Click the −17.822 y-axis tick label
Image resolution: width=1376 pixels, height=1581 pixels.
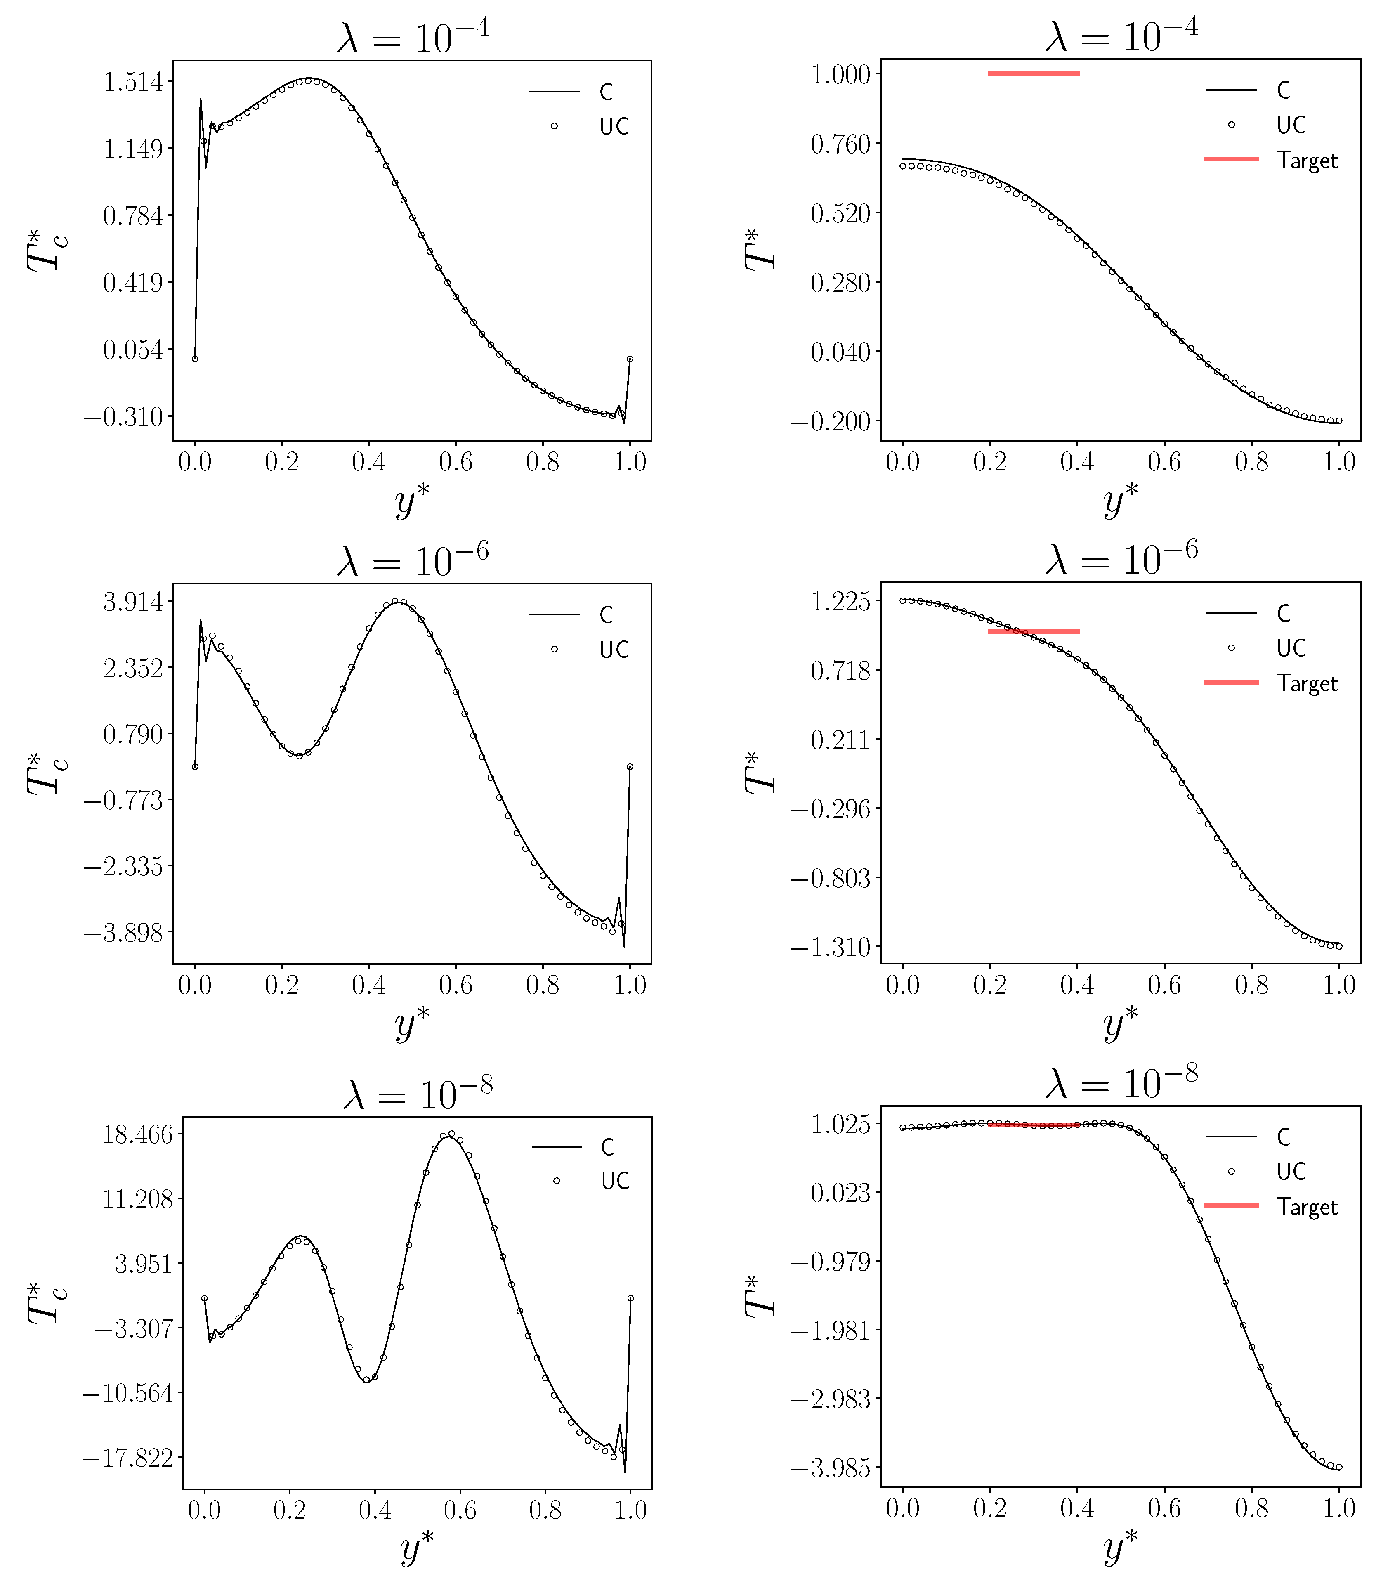128,1457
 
